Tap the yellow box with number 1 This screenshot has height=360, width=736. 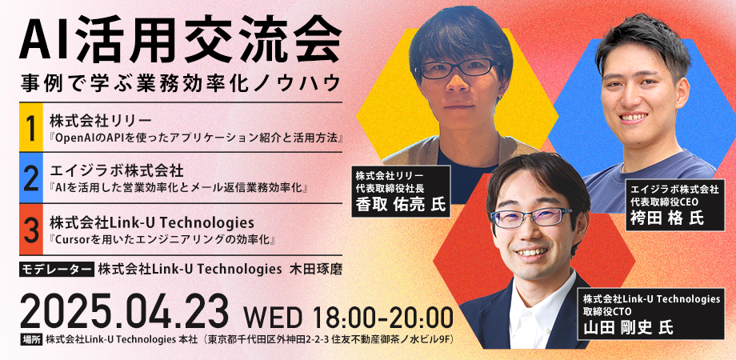[x=30, y=130]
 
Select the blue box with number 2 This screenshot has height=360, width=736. [x=30, y=179]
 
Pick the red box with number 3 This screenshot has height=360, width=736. [x=30, y=229]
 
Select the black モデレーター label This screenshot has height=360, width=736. [x=56, y=270]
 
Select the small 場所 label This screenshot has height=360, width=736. [x=31, y=339]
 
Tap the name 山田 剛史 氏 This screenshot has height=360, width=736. [x=628, y=326]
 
